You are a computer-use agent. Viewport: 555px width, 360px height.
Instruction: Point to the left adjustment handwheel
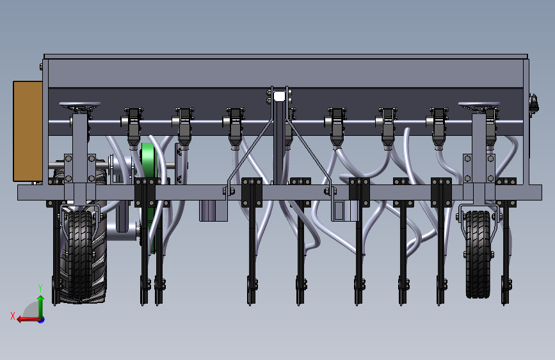point(80,105)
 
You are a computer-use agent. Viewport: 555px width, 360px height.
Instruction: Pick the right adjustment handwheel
point(478,105)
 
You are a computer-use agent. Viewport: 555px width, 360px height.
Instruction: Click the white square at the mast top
point(279,97)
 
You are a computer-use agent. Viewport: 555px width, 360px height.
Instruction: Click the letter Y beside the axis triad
point(40,288)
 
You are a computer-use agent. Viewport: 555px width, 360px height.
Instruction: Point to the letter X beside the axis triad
point(12,315)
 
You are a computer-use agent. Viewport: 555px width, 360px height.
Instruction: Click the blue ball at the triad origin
point(41,319)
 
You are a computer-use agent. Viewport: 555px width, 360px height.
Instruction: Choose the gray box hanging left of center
point(213,210)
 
